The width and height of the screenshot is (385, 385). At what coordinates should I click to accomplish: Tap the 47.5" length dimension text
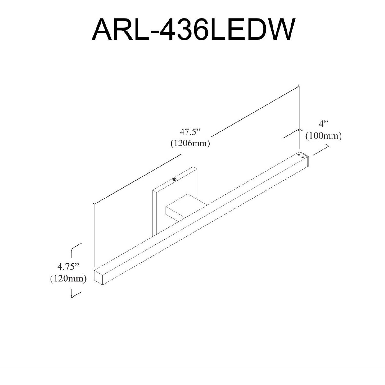190,132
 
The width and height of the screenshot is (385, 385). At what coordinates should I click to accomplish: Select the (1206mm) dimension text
190,143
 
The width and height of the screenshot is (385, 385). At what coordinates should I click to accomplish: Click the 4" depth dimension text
323,124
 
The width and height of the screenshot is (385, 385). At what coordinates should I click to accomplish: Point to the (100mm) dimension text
323,136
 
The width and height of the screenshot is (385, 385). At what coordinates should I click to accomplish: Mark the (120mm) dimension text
68,278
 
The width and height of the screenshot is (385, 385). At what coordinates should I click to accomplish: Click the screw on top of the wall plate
175,179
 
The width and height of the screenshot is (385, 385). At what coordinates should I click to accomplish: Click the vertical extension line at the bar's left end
94,234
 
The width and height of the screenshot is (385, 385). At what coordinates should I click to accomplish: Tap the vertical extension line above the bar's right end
299,115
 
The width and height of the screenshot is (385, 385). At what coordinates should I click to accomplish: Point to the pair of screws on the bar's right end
301,156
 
